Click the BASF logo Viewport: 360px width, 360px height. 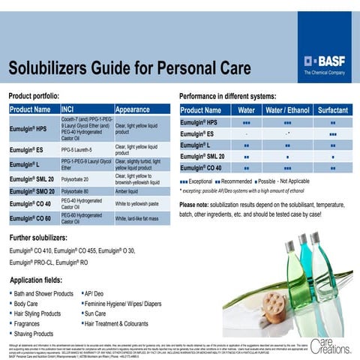coord(326,60)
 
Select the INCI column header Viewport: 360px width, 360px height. coord(72,109)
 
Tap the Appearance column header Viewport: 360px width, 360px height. coord(133,109)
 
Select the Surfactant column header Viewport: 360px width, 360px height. coord(332,110)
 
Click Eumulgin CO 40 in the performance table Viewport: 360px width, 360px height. coord(200,168)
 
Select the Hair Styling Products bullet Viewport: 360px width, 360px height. coord(37,313)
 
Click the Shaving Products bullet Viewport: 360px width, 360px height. coord(34,334)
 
